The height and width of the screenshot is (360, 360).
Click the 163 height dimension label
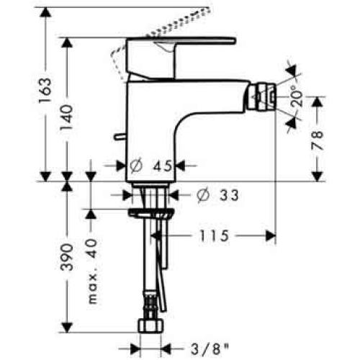point(45,92)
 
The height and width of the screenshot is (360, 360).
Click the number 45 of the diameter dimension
point(163,166)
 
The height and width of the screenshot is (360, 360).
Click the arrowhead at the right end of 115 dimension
point(271,235)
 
